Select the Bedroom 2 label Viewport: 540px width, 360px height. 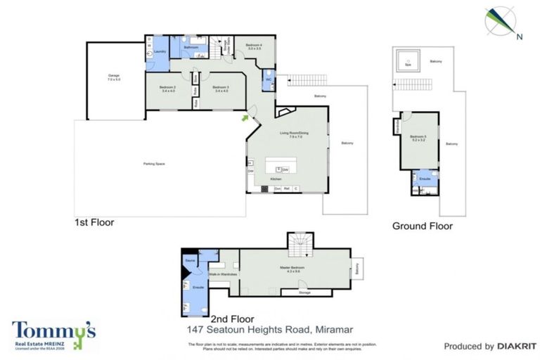coord(168,88)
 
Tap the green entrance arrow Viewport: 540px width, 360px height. coord(245,118)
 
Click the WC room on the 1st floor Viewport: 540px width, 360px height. coord(269,79)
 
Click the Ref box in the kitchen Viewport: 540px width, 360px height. coord(287,189)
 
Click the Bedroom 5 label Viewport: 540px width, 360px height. coord(419,138)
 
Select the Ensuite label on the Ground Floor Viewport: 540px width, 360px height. coord(425,179)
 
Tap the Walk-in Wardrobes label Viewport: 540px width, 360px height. coord(222,273)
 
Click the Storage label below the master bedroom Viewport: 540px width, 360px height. coord(304,292)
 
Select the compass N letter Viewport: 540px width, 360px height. coord(518,36)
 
